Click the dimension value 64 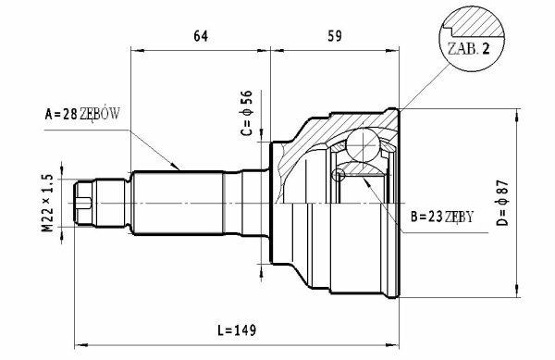click(201, 36)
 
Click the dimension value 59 click(335, 36)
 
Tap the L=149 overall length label click(237, 329)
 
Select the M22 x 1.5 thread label click(48, 203)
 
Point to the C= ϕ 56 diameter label click(247, 113)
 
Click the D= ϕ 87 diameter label click(502, 203)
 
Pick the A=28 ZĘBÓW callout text click(82, 114)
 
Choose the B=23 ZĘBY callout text click(442, 217)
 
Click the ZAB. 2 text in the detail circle click(469, 49)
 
